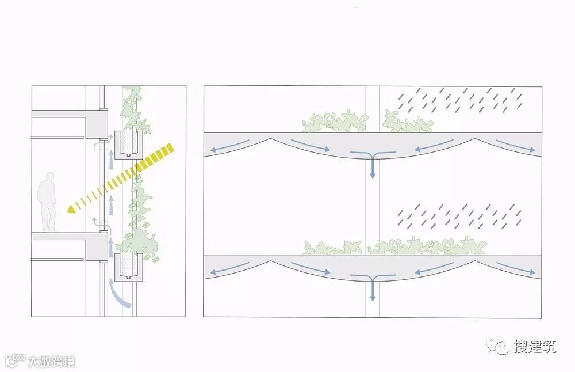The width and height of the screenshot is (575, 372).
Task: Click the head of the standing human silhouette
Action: [x=49, y=177]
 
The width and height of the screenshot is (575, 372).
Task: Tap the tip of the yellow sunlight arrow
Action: [x=67, y=211]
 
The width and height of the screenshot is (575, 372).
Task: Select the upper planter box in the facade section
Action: [x=128, y=145]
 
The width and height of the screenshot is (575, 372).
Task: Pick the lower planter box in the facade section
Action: [x=128, y=267]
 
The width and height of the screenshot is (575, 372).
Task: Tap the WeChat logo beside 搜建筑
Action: [x=497, y=347]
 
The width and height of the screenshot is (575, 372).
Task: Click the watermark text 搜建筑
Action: [x=535, y=347]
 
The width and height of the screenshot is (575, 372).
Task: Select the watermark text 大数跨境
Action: [x=51, y=362]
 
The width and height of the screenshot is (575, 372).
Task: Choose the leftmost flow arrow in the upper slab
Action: [x=230, y=146]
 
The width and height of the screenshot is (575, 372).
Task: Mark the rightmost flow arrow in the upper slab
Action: [x=515, y=146]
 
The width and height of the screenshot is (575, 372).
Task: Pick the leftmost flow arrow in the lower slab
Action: [x=230, y=268]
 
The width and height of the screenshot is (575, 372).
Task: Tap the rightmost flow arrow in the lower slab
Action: [x=515, y=268]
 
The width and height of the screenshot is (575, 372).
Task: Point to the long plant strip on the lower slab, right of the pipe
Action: [x=427, y=246]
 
